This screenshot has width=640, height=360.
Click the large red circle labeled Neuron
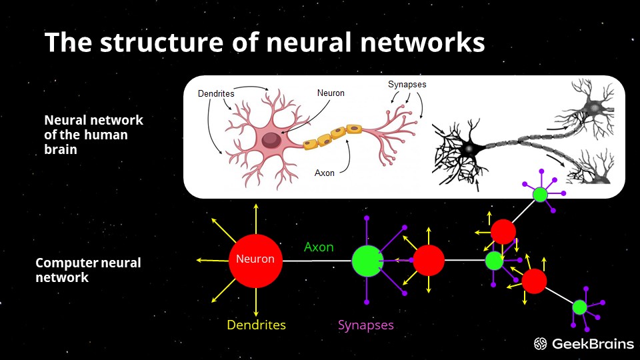click(x=256, y=259)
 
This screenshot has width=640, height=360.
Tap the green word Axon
click(x=319, y=247)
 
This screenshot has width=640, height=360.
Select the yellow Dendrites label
click(x=256, y=325)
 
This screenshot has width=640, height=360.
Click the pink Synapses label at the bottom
click(x=365, y=325)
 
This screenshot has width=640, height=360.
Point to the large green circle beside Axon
click(x=367, y=261)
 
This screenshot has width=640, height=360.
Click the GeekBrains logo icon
click(x=541, y=344)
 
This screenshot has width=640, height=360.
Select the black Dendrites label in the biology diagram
click(x=215, y=94)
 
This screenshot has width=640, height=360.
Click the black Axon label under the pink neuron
click(x=325, y=173)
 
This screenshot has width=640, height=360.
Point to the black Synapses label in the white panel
click(x=407, y=85)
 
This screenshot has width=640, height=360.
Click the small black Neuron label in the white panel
click(x=331, y=93)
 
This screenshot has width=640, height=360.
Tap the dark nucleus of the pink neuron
click(x=271, y=140)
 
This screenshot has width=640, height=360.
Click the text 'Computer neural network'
click(x=87, y=270)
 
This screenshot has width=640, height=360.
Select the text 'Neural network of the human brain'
click(x=93, y=135)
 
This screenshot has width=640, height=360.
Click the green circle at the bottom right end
click(x=579, y=307)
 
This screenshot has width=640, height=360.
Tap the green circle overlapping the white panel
click(x=540, y=195)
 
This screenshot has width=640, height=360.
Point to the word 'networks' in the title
click(x=419, y=43)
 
